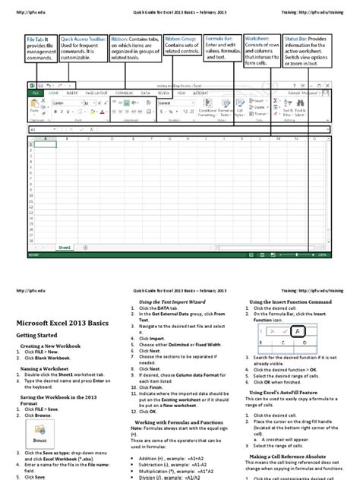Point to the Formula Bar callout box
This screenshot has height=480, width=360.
point(222,49)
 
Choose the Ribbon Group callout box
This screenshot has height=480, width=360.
point(182,45)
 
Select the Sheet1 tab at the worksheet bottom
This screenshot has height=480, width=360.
point(64,247)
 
